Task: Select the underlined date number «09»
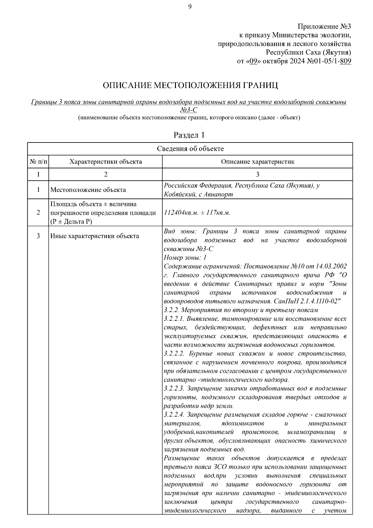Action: [x=253, y=61]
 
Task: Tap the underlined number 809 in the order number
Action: [x=346, y=61]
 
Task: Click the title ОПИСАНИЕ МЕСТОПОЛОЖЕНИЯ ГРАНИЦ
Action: [x=190, y=85]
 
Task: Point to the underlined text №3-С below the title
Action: [x=188, y=110]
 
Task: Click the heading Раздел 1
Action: [x=189, y=135]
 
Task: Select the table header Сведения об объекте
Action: [x=190, y=149]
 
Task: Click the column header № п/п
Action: [x=38, y=162]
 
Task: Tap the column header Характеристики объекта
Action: [x=105, y=162]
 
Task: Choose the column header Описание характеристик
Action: [x=257, y=162]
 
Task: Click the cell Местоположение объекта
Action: [x=88, y=190]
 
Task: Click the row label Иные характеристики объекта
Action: [x=95, y=236]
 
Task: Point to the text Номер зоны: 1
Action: [x=185, y=258]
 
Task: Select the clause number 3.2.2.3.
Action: [x=174, y=389]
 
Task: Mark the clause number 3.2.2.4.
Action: [x=174, y=415]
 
